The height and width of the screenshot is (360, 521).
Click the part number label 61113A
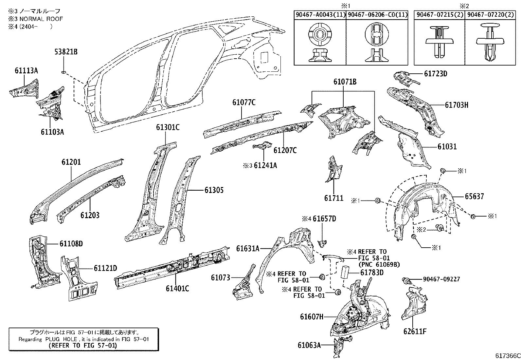26,70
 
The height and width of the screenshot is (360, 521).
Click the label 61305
214,190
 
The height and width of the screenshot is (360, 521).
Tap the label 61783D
372,273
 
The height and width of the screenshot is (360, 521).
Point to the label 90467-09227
441,279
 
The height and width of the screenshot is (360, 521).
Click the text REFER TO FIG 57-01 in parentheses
82,345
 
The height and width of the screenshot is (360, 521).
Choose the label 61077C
244,102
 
